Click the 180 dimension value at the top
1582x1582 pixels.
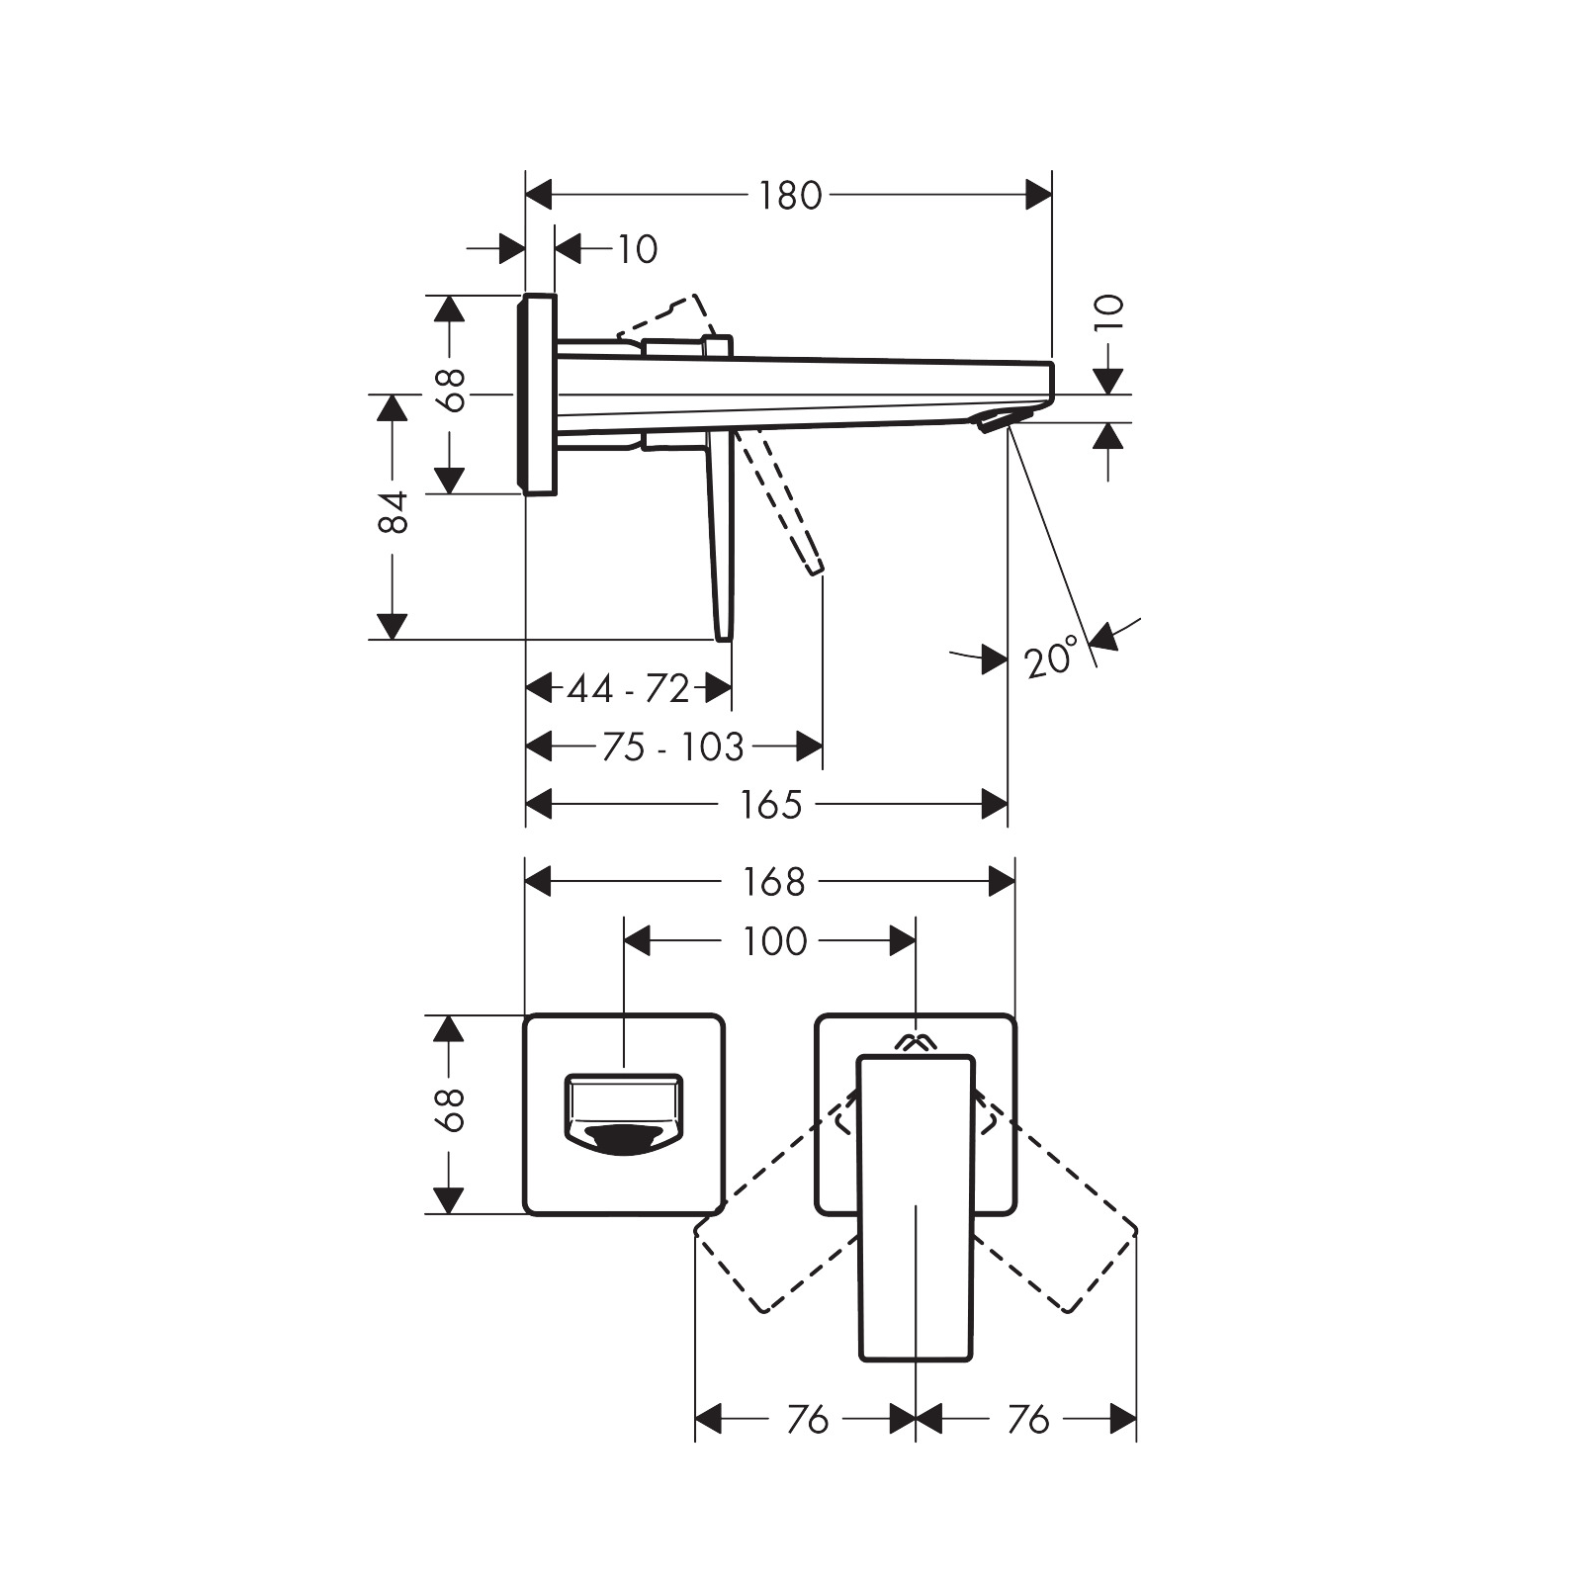tap(790, 196)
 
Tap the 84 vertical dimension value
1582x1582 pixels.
tap(394, 511)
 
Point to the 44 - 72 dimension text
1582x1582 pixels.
tap(628, 688)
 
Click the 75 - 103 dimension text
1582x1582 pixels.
tap(672, 747)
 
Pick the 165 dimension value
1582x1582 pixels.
tap(770, 805)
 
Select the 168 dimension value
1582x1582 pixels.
tap(774, 882)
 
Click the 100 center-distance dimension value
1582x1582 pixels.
tap(774, 941)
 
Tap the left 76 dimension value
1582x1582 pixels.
tap(807, 1421)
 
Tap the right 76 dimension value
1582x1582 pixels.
tap(1027, 1421)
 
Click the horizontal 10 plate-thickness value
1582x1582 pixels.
tap(637, 249)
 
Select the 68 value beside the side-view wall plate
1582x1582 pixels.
tap(452, 391)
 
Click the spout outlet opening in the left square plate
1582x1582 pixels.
tap(623, 1137)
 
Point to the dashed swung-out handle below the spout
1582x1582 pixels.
tap(786, 504)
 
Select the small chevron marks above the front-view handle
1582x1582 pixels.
tap(916, 1041)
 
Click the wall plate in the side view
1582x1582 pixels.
tap(539, 394)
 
